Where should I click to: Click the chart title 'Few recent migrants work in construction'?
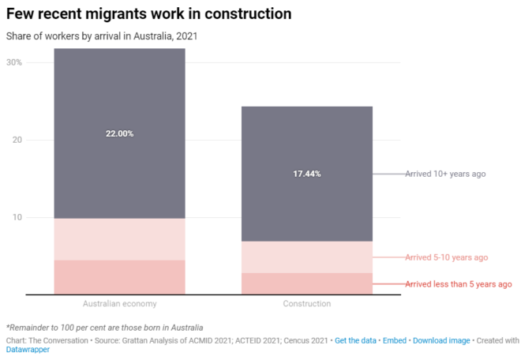(x=148, y=14)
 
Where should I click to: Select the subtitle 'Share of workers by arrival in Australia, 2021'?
(x=101, y=36)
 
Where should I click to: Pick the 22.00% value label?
(x=119, y=133)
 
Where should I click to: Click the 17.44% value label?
(x=306, y=174)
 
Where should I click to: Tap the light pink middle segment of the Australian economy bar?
(x=119, y=239)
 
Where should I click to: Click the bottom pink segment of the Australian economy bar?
(x=119, y=277)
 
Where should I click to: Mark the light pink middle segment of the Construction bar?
(x=306, y=257)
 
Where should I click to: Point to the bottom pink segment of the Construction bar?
(x=306, y=283)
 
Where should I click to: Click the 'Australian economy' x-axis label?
(x=119, y=304)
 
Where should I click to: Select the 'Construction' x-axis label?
(x=306, y=304)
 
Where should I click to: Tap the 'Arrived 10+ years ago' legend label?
(x=445, y=174)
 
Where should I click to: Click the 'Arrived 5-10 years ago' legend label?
(x=446, y=257)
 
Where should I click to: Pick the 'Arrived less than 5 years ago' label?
(x=458, y=284)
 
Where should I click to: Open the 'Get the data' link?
(x=356, y=340)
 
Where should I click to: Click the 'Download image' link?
(x=441, y=340)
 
